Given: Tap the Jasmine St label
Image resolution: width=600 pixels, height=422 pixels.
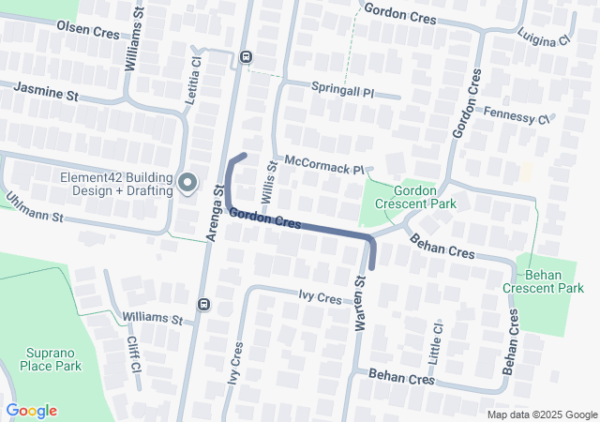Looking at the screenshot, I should coord(45,91).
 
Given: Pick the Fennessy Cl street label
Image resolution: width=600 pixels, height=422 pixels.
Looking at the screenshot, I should coord(516,115).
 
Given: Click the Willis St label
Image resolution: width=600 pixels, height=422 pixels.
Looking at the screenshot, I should coord(270,184).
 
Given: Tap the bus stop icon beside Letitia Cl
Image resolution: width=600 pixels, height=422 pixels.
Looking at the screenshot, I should coord(246,56).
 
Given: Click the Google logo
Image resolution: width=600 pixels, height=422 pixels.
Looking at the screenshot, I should coord(31,411).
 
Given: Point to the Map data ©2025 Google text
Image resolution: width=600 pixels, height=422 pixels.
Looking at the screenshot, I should coord(542,414).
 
